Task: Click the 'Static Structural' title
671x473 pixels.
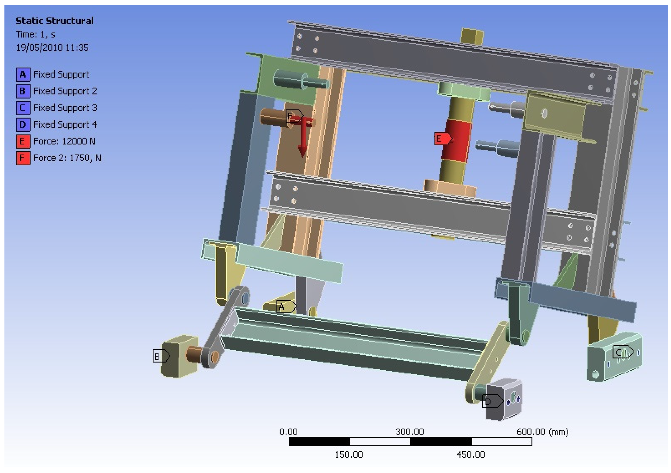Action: (x=55, y=21)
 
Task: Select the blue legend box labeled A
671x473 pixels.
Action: (x=23, y=74)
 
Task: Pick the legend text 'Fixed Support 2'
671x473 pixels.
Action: (x=65, y=91)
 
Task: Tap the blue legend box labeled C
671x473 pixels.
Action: (x=23, y=108)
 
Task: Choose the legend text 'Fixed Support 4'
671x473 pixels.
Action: (x=65, y=124)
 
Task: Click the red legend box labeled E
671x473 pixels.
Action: (x=23, y=141)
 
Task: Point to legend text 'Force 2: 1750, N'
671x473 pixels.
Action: (x=67, y=158)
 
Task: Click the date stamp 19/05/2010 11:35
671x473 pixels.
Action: (x=52, y=48)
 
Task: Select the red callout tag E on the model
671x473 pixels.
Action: (x=443, y=139)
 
